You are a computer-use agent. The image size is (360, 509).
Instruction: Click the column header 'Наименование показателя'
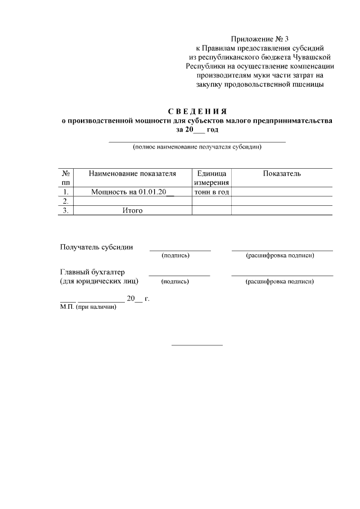pyautogui.click(x=133, y=174)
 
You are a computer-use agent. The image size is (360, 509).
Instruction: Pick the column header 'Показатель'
pyautogui.click(x=281, y=174)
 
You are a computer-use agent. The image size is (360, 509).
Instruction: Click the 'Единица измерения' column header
pyautogui.click(x=211, y=178)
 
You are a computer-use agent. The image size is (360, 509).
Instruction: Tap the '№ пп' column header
pyautogui.click(x=66, y=178)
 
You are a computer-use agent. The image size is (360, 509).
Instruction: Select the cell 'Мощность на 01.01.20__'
pyautogui.click(x=133, y=192)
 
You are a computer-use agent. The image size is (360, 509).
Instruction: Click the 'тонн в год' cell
pyautogui.click(x=211, y=192)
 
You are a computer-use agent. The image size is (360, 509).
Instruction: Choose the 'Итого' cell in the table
pyautogui.click(x=133, y=210)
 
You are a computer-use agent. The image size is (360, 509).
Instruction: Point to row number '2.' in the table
pyautogui.click(x=66, y=201)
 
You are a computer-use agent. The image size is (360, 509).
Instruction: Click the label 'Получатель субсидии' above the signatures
pyautogui.click(x=97, y=247)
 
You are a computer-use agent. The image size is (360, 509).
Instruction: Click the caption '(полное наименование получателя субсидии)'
pyautogui.click(x=197, y=147)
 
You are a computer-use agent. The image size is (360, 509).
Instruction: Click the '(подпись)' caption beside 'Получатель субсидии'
pyautogui.click(x=175, y=256)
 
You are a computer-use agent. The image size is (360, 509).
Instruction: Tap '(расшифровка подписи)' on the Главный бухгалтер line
pyautogui.click(x=280, y=281)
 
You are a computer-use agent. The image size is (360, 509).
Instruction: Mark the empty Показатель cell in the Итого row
pyautogui.click(x=281, y=210)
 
